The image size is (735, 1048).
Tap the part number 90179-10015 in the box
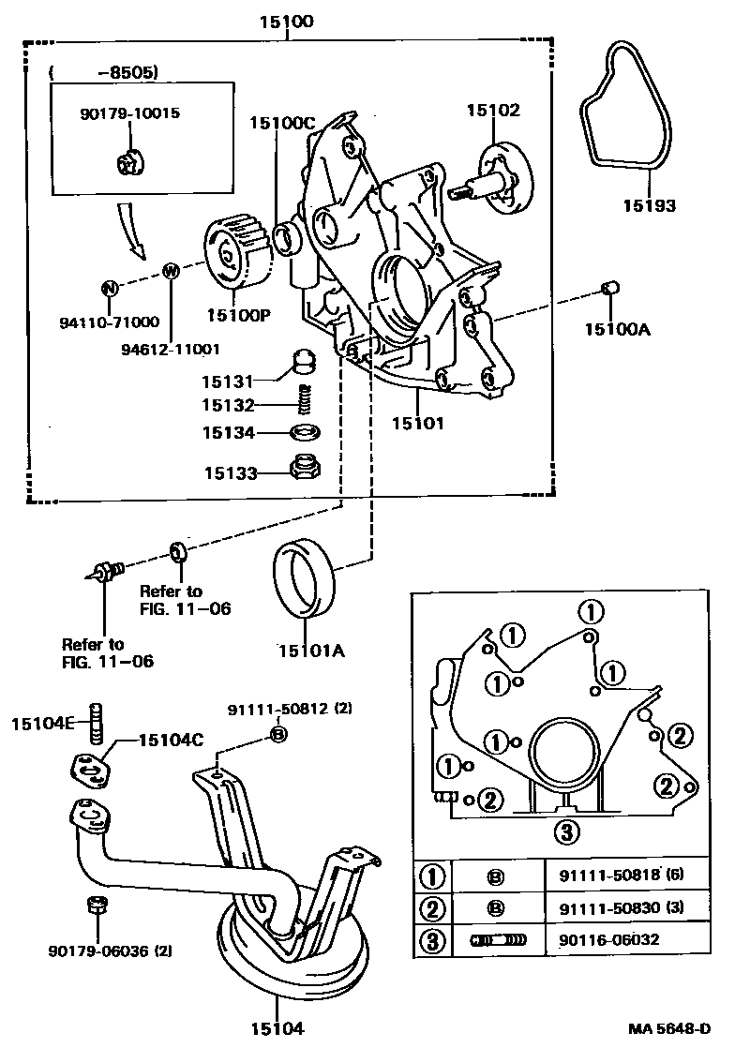tap(128, 112)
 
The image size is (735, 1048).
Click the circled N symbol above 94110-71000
tap(109, 288)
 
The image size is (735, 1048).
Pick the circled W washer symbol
tap(171, 271)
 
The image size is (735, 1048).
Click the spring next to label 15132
tap(303, 400)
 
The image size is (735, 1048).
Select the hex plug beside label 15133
tap(303, 466)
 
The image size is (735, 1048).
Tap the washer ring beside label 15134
tap(303, 433)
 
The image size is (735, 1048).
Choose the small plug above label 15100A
tap(607, 287)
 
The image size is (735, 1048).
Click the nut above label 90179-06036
tap(95, 906)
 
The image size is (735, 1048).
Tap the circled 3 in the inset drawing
tap(563, 830)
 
